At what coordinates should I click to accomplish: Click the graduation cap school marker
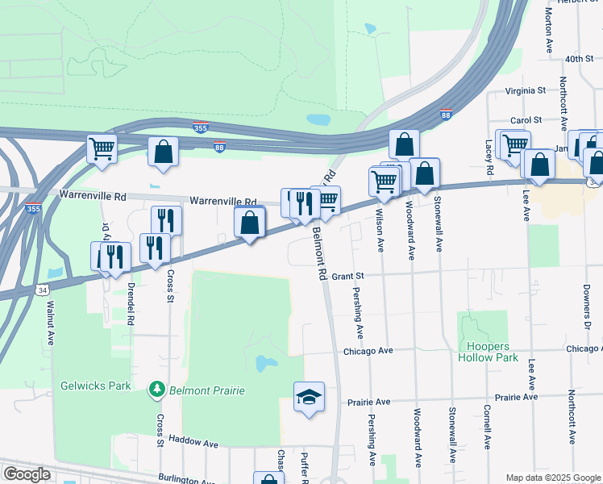tap(309, 398)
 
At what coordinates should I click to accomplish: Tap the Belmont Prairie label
tap(206, 391)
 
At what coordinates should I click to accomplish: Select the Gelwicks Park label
tap(96, 386)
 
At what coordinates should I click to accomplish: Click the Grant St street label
tap(349, 276)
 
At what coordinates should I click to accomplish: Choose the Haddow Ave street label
tap(198, 444)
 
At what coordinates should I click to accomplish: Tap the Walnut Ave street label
tap(50, 323)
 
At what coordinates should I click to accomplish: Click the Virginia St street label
tap(526, 91)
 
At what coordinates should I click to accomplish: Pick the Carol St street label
tap(526, 120)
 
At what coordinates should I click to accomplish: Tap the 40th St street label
tap(579, 59)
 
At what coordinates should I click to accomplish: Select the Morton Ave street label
tap(549, 26)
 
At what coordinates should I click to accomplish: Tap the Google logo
tap(26, 474)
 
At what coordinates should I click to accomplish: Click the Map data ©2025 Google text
tap(553, 478)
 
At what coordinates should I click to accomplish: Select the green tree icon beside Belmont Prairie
tap(156, 391)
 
